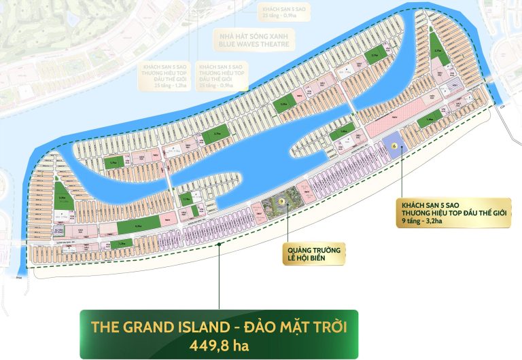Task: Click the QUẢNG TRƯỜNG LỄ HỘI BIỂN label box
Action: click(x=313, y=253)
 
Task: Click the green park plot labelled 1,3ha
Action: click(x=122, y=244)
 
